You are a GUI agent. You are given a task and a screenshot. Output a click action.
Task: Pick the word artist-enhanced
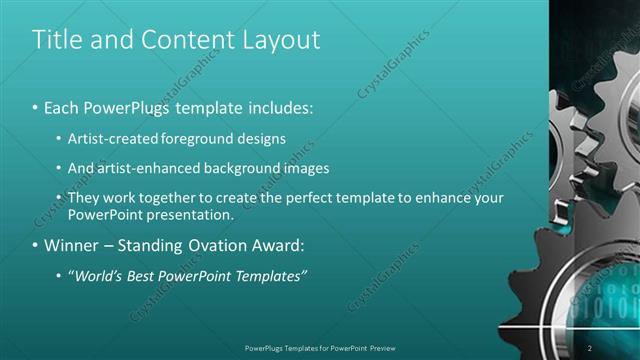click(139, 168)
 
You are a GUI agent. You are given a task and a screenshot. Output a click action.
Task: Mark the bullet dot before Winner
click(35, 246)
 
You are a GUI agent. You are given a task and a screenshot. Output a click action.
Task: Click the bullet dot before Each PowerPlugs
click(35, 108)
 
